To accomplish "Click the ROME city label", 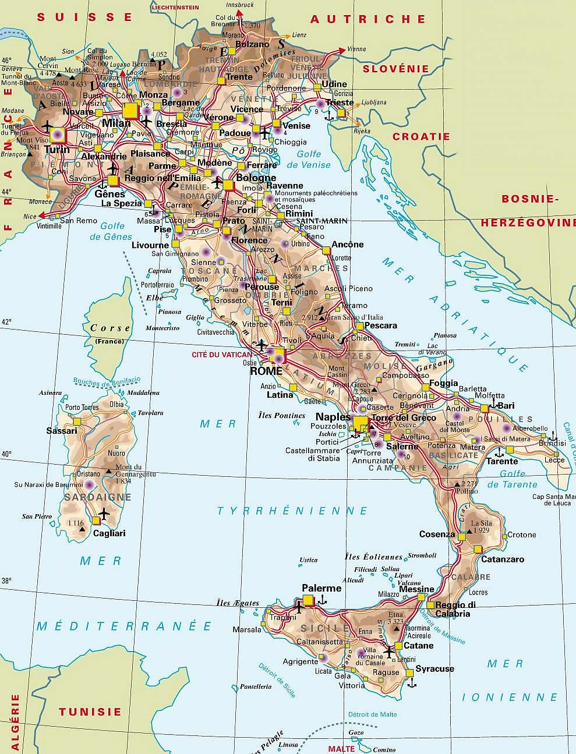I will point(266,371).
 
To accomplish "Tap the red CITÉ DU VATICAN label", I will point(222,354).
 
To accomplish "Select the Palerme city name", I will point(321,588).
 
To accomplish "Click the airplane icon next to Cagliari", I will point(104,514).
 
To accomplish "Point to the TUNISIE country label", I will point(90,711).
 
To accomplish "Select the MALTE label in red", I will point(341,749).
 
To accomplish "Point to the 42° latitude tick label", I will point(6,321).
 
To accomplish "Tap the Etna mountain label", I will point(395,615).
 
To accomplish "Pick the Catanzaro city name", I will point(502,559).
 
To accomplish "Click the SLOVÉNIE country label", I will point(395,69).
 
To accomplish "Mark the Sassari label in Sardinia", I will point(62,431).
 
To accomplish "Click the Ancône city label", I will point(347,245).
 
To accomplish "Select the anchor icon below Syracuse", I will point(412,682).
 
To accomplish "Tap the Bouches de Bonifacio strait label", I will point(107,381).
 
